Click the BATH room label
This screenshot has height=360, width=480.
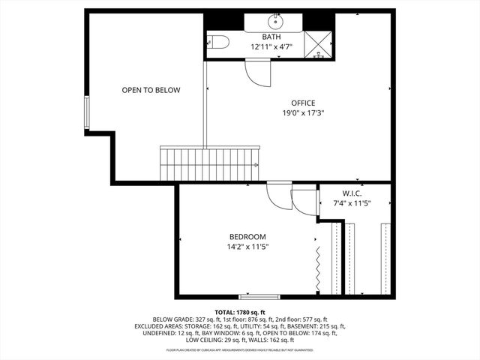point(271,37)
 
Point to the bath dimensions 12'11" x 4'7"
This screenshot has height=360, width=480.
point(271,46)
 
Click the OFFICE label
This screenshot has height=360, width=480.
point(303,103)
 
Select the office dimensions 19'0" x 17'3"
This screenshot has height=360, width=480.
point(303,112)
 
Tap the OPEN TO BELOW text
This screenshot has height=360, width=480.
point(151,90)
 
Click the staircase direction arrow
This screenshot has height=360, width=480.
point(256,165)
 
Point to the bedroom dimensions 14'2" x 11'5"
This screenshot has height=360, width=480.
point(247,246)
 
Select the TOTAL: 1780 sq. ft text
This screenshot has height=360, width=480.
point(240,312)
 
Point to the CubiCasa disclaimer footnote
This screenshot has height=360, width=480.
point(240,349)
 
